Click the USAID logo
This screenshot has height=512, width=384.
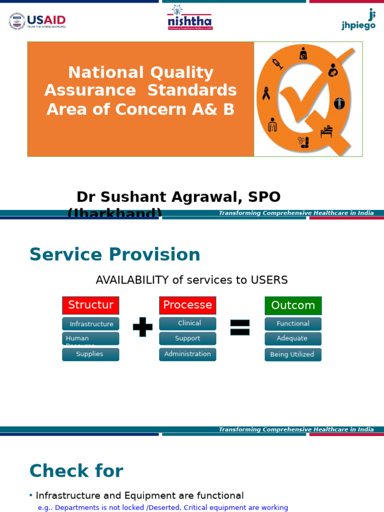coord(37,21)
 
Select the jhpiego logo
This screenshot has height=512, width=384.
coord(359,20)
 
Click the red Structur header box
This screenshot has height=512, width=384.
coord(90,305)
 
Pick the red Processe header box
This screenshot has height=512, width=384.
coord(187,305)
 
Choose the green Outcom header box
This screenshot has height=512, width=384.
coord(293,305)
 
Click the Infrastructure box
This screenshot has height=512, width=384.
coord(90,324)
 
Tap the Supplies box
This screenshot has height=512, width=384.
coord(90,354)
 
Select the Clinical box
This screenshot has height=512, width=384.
coord(187,323)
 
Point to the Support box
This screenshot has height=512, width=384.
coord(187,338)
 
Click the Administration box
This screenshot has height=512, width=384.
coord(187,354)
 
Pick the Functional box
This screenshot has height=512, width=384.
coord(293,324)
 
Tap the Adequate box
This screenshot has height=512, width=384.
coord(293,338)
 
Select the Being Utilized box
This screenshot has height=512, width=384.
coord(293,354)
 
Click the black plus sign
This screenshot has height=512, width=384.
coord(142,327)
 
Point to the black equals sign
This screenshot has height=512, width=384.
coord(239,327)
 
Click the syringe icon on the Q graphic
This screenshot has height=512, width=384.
coord(277,63)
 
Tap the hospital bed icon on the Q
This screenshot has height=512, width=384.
coord(326,131)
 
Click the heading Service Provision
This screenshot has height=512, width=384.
coord(114,254)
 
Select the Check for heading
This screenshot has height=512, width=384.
coord(76,471)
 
